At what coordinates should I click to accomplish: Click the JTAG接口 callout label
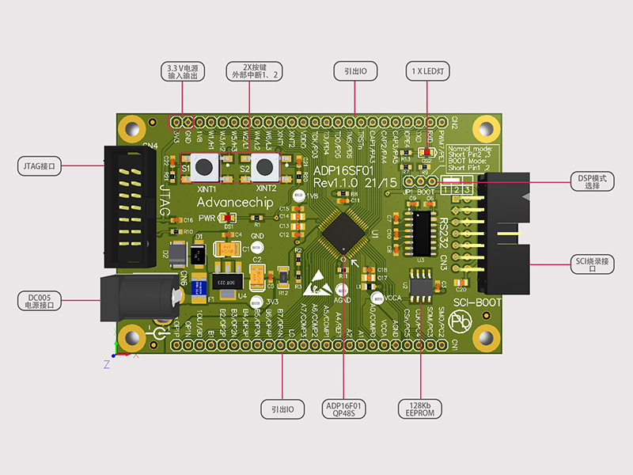point(40,166)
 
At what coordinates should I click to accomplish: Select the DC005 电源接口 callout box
point(40,301)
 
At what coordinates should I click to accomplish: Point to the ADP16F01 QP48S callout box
point(344,408)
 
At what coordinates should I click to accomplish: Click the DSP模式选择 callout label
point(592,181)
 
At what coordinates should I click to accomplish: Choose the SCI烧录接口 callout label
point(592,264)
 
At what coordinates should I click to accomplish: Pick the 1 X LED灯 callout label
point(428,70)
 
